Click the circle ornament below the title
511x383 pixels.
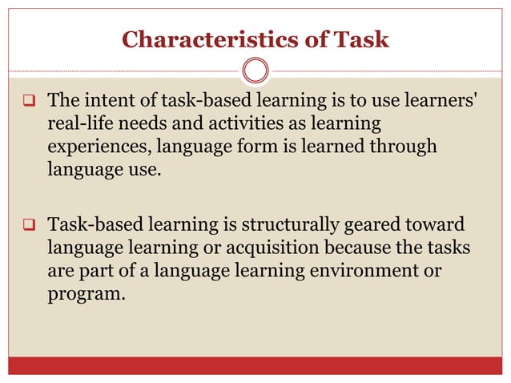255,71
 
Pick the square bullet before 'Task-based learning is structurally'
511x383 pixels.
27,226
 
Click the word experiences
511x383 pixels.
99,147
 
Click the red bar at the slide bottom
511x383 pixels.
255,366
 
